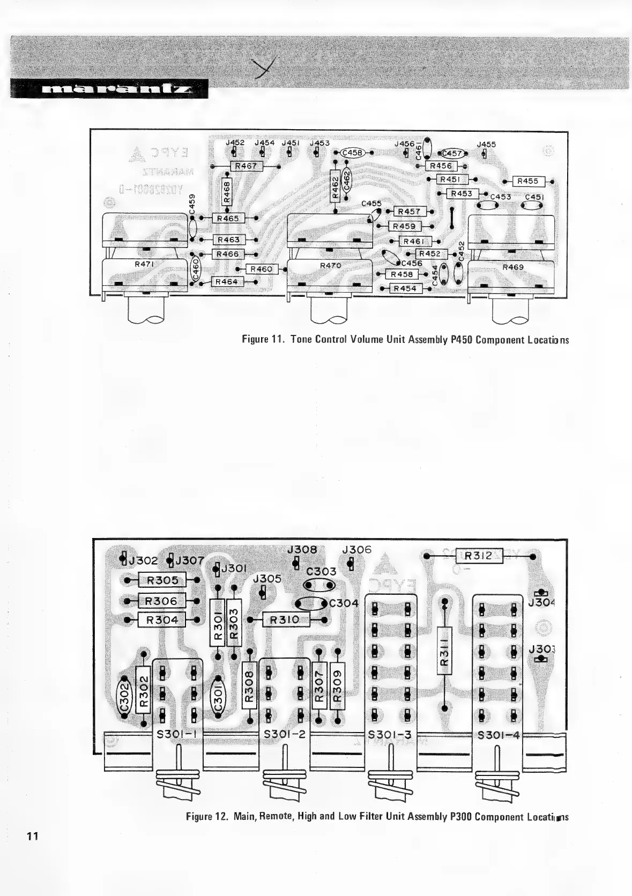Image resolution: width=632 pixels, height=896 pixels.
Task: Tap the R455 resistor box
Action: pos(528,181)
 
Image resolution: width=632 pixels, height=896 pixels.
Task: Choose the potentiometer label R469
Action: pos(513,267)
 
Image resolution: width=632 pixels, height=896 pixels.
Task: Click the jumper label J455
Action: pos(486,144)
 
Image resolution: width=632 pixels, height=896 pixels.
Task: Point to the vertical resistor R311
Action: pos(444,654)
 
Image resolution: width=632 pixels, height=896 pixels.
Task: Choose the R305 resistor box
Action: pos(162,579)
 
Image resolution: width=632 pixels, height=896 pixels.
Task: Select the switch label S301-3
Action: pos(390,735)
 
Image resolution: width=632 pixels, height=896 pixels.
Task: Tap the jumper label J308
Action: pos(302,550)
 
